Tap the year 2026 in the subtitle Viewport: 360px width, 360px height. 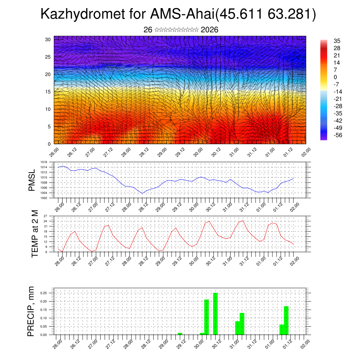(210, 30)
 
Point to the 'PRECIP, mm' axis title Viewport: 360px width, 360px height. (31, 311)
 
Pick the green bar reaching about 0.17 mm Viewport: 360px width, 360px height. (286, 320)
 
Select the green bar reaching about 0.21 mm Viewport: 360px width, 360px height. (207, 317)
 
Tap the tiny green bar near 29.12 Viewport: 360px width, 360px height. (180, 334)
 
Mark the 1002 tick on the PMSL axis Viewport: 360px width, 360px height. (44, 198)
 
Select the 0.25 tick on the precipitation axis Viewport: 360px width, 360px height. (43, 293)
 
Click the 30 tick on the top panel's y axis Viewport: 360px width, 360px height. (48, 39)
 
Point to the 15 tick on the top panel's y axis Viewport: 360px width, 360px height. (48, 92)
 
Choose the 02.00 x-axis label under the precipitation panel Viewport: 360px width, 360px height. (305, 343)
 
